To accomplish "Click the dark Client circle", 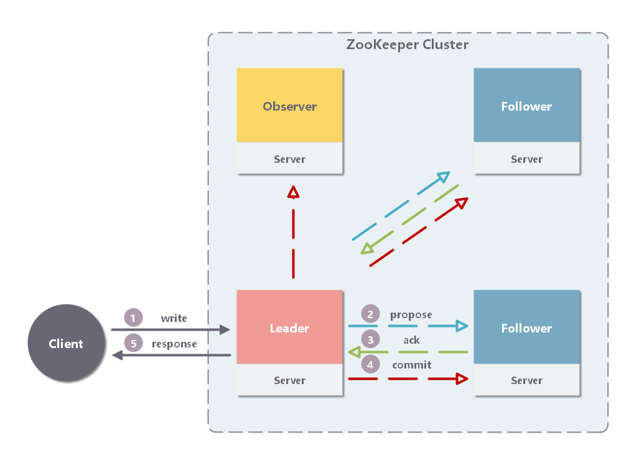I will point(65,343).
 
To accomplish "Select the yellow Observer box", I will point(289,106).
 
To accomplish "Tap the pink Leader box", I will point(289,328).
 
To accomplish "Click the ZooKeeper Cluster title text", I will point(407,45).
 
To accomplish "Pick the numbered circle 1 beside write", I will point(133,318).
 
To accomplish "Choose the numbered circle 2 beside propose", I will point(370,314).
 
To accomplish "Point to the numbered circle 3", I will point(370,340).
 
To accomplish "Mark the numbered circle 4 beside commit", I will point(370,365).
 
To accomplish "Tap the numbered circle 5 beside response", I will point(133,344).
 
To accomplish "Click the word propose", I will point(411,314).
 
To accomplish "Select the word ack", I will point(411,340).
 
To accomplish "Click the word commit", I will point(411,365).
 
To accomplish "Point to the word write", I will point(174,318).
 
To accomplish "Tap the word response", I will point(174,344).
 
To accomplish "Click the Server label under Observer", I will point(289,159).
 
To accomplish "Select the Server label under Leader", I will point(289,380).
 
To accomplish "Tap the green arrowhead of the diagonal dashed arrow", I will point(366,249).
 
